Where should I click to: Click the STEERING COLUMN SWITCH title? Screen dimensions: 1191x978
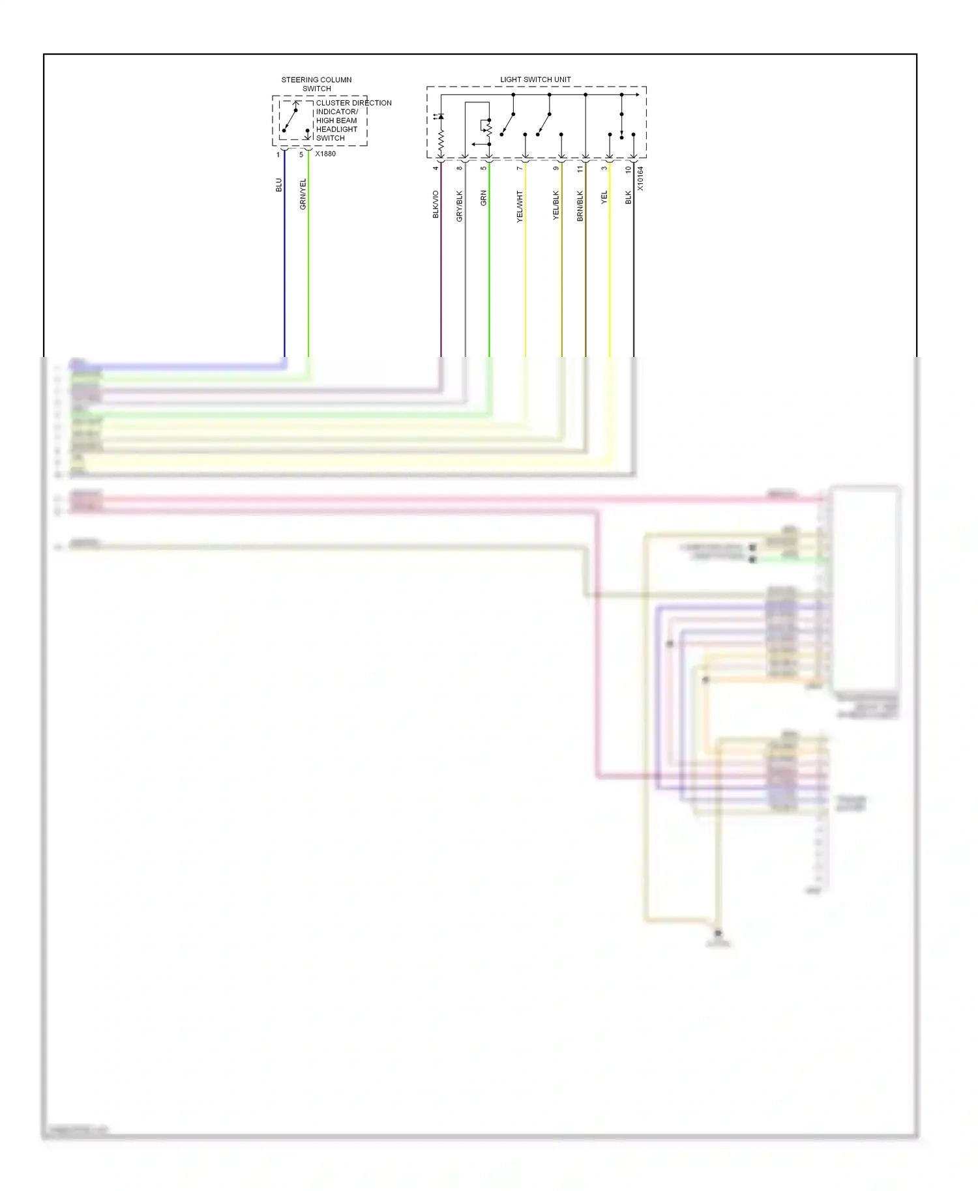[x=316, y=84]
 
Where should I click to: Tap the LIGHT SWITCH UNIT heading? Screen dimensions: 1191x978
[x=535, y=79]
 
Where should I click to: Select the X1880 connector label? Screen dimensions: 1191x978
[x=325, y=154]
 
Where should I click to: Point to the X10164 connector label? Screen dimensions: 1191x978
[x=640, y=178]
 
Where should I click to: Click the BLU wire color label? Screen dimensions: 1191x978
[x=279, y=185]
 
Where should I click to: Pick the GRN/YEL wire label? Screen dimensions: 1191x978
[x=303, y=194]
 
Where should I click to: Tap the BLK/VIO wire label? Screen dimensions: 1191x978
[x=436, y=205]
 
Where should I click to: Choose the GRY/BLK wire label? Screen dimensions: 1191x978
[x=459, y=206]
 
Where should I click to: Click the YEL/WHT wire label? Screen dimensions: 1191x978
[x=520, y=207]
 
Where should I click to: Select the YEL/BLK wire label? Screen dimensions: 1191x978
[x=556, y=205]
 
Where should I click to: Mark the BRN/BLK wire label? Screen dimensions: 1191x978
[x=580, y=206]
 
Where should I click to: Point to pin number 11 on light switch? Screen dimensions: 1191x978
[x=580, y=169]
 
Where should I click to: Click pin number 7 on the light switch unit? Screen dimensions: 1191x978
[x=520, y=169]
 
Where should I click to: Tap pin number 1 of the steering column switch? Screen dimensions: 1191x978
[x=278, y=155]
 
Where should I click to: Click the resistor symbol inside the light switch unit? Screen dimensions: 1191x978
[x=441, y=140]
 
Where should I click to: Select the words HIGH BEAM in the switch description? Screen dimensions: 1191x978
[x=336, y=121]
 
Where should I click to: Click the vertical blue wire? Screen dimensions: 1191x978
[x=284, y=261]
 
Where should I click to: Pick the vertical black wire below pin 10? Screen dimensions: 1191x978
[x=634, y=261]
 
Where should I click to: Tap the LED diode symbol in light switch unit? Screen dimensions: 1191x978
[x=440, y=117]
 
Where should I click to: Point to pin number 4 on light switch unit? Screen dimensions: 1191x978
[x=436, y=168]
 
